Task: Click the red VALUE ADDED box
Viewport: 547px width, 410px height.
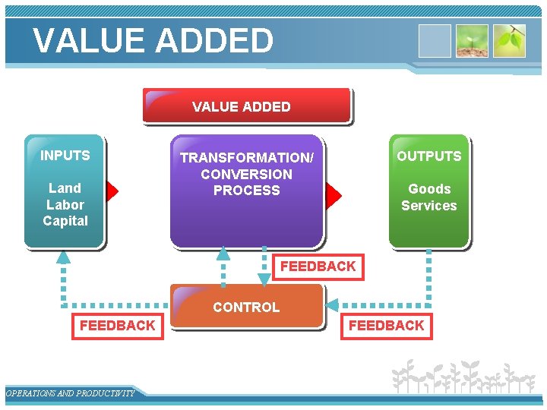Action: point(246,106)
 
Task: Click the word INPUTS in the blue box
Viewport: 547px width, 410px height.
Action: point(65,156)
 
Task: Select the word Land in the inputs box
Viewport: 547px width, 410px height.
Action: point(65,188)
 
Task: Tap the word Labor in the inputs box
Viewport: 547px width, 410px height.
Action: point(65,205)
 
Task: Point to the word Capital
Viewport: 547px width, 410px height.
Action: point(65,221)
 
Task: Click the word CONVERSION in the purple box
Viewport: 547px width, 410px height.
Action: point(246,174)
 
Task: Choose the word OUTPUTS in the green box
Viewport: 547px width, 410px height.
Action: point(428,156)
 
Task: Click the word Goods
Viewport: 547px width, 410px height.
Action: point(429,189)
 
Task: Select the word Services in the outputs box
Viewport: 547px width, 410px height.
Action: point(429,206)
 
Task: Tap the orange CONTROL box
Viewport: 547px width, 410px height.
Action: point(246,307)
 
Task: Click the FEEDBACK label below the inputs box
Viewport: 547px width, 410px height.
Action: point(117,326)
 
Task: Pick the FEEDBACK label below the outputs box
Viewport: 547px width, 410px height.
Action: point(386,326)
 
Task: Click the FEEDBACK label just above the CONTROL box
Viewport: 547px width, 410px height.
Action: point(318,266)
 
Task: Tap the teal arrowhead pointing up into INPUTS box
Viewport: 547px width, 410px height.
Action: point(63,257)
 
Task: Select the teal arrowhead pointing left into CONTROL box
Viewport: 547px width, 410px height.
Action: point(332,305)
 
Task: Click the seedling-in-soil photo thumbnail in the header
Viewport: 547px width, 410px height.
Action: point(471,41)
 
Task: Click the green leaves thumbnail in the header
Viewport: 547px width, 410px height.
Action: point(509,41)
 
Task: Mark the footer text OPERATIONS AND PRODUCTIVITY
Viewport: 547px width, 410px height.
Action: point(70,393)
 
